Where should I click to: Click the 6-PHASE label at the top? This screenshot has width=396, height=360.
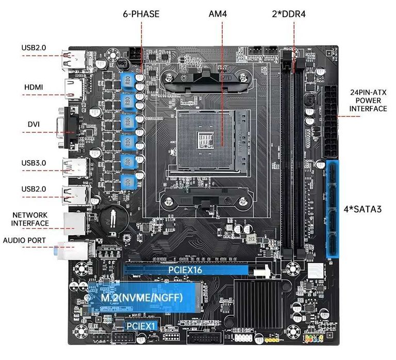141,14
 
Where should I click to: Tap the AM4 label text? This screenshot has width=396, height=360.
218,14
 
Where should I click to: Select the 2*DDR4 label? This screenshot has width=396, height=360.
289,14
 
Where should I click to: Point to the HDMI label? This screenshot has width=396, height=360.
34,87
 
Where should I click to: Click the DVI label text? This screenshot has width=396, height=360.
34,124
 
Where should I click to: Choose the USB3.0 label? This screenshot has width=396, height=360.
34,163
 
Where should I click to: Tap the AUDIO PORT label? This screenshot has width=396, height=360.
24,241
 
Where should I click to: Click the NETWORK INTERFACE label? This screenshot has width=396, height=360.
30,219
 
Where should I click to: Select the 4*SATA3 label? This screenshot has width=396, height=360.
362,209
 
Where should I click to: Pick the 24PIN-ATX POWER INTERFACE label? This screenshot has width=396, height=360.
368,100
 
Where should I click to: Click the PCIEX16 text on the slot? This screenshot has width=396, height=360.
186,270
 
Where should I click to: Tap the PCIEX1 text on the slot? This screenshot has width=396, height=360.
141,326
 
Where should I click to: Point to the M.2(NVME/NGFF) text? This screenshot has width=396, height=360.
142,298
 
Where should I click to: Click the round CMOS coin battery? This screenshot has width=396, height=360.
114,219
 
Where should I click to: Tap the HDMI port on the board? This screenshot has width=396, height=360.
74,89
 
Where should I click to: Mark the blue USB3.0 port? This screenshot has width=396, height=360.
76,167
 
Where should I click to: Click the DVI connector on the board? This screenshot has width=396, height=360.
68,127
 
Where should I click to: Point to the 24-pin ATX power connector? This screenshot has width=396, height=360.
330,122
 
